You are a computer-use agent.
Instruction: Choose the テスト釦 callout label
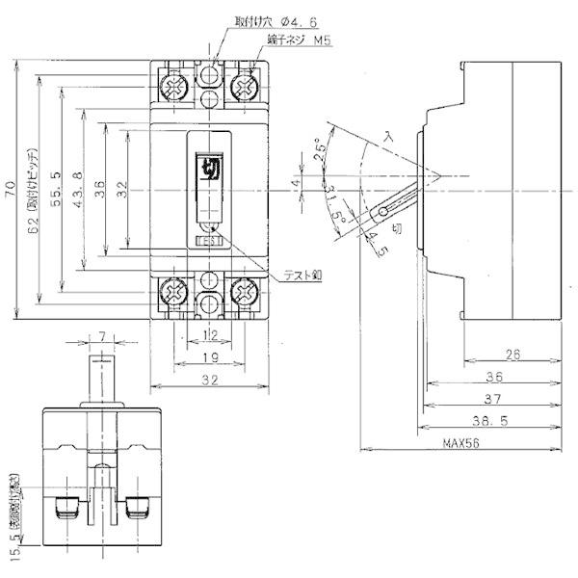[302, 275]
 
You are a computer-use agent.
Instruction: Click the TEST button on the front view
[209, 242]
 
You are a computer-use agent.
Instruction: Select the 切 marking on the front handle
[209, 169]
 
